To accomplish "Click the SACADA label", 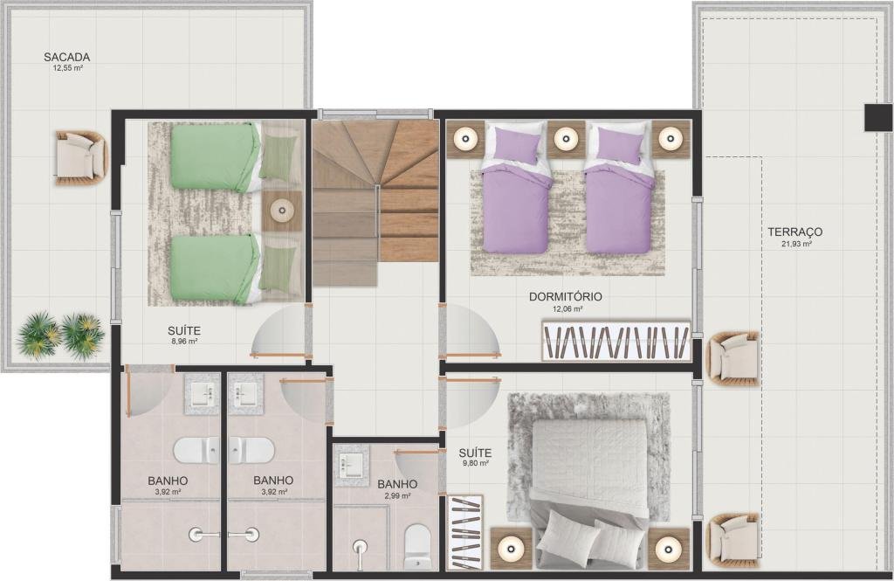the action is (66, 57).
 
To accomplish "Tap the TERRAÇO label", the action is (794, 232).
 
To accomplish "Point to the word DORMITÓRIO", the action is (566, 297).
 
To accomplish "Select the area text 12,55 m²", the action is (66, 68).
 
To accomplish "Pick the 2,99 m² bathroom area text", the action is (397, 496).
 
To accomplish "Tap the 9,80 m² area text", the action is (476, 464).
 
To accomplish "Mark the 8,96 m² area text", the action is (183, 342).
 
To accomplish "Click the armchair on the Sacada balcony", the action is (81, 158).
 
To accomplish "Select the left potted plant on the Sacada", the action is (38, 335).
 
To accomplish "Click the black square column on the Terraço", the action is (878, 118).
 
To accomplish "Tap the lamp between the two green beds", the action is (282, 211).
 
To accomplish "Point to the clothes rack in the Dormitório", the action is (616, 342).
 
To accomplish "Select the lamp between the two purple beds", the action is (566, 138).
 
